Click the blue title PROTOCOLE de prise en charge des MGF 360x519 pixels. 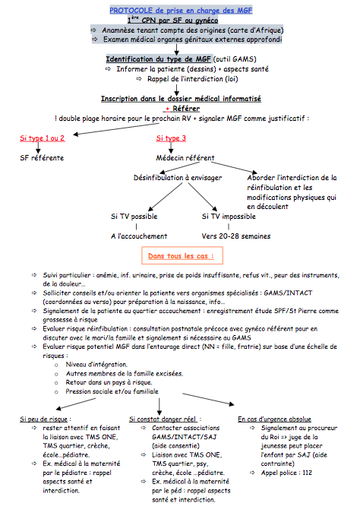coord(181,11)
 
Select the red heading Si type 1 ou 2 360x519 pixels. coord(43,138)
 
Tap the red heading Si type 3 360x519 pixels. coord(171,138)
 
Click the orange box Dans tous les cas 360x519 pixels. coord(182,255)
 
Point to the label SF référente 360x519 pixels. coord(42,158)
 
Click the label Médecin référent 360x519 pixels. coord(185,158)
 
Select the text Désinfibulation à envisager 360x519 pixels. coord(178,178)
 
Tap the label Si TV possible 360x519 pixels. coord(134,217)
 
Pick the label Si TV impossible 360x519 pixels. coord(229,217)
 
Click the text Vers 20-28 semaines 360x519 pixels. coord(236,236)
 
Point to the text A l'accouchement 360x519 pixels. coord(139,236)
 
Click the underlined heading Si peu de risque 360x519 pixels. coord(44,419)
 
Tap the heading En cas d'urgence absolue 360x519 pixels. coord(274,419)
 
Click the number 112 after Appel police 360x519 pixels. coord(307,473)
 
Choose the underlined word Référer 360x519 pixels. coord(186,109)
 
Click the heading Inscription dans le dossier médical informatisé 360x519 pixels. coord(181,99)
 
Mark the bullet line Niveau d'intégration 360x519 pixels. coord(96,365)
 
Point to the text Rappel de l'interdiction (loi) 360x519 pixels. coord(193,79)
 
